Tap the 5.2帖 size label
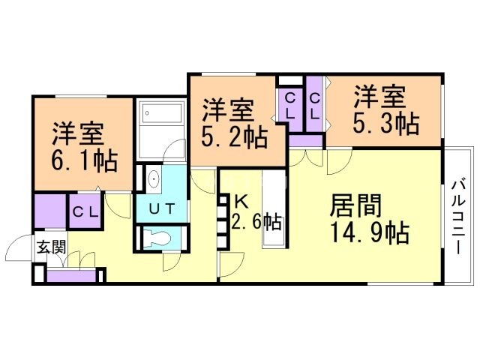coord(234,138)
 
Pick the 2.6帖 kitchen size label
coord(259,222)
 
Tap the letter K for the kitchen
coord(241,201)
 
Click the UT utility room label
coord(161,208)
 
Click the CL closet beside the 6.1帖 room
coord(85,211)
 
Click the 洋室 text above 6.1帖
coord(77,136)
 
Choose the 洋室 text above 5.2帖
coord(229,111)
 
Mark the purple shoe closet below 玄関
coord(70,275)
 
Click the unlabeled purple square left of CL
coord(49,211)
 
